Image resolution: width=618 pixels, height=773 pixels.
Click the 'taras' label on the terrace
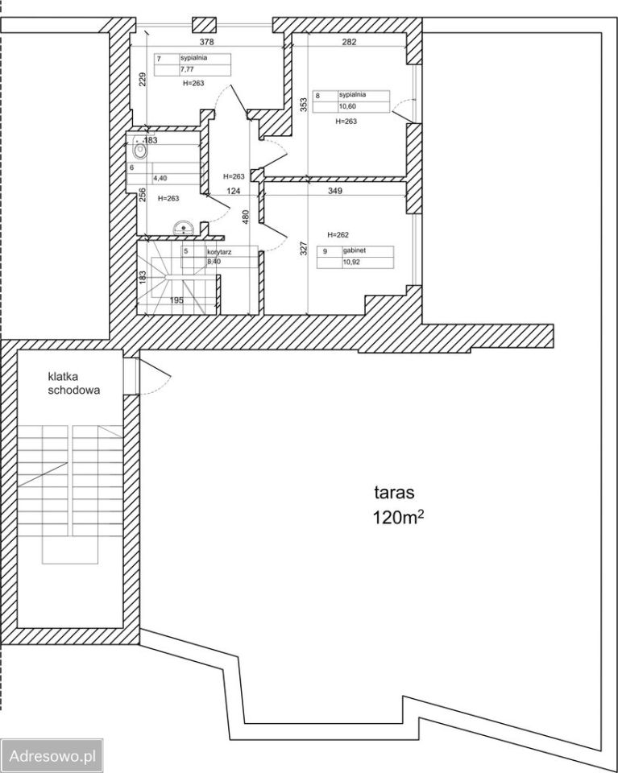coord(394,492)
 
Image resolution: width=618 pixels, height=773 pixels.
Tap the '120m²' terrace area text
coord(399,518)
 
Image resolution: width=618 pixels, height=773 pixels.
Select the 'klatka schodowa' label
coord(73,383)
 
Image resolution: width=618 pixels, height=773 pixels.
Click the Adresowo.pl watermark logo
coord(52,755)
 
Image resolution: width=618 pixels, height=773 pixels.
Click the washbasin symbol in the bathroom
coord(185,228)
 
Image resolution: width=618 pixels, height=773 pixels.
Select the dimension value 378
coord(206,42)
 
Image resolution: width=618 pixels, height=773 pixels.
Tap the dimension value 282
coord(349,42)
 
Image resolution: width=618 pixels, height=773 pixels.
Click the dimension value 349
coord(335,191)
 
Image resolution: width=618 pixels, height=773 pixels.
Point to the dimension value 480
coord(246,217)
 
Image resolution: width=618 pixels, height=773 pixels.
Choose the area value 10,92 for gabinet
coord(351,262)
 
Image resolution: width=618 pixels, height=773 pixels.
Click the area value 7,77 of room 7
coord(187,69)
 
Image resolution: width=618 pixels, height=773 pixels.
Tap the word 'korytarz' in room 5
coord(219,251)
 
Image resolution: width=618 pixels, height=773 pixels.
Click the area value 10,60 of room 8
coord(347,106)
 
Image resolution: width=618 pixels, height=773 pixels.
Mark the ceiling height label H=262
coord(338,234)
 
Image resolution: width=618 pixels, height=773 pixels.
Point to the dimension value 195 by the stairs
coord(176,300)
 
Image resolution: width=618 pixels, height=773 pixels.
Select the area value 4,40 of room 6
coord(160,179)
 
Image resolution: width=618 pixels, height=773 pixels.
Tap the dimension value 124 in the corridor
coord(234,191)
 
